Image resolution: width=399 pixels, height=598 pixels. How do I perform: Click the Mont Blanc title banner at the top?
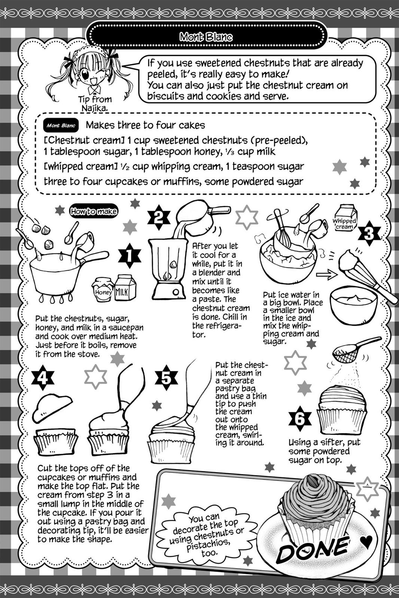tap(206, 37)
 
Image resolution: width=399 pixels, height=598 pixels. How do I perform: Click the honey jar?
tap(103, 290)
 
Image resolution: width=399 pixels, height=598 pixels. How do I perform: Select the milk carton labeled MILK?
tap(125, 288)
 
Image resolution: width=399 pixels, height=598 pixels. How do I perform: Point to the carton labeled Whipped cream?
tap(345, 219)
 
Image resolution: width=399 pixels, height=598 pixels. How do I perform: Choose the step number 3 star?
tap(368, 234)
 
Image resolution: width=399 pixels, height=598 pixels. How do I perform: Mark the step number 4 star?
tap(43, 379)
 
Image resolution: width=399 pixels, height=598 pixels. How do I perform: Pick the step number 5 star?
tap(166, 378)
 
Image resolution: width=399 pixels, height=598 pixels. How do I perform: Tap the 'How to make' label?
tap(94, 212)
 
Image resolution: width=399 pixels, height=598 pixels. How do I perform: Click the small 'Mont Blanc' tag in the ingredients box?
tap(61, 126)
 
